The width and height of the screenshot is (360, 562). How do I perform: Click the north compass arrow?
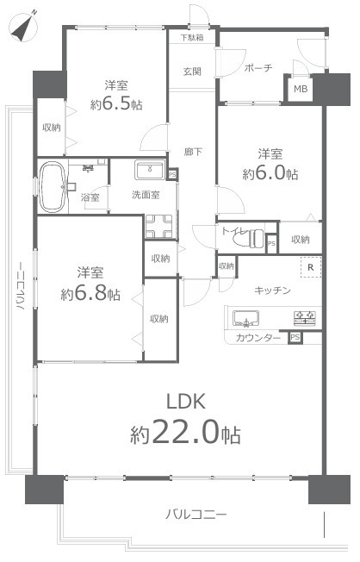[x=24, y=28]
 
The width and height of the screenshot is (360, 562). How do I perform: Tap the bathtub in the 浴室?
[x=53, y=187]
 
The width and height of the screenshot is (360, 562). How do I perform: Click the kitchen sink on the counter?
[x=245, y=318]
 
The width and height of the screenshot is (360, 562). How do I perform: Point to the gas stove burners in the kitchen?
[x=305, y=318]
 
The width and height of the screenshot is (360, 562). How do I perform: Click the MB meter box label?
[x=301, y=89]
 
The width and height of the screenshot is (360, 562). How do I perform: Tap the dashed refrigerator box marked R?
[x=311, y=267]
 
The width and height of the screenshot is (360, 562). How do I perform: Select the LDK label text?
[x=186, y=401]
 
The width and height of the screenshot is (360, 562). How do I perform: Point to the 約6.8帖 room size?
[x=90, y=295]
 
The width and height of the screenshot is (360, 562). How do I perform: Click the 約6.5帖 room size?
[x=116, y=104]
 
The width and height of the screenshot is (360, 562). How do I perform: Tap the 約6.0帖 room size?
[x=270, y=174]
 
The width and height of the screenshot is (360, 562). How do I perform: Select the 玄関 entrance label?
[x=192, y=72]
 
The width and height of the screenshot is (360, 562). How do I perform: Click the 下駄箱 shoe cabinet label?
[x=192, y=38]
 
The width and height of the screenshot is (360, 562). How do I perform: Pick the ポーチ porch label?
[x=258, y=68]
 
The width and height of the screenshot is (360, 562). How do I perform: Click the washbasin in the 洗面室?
[x=150, y=169]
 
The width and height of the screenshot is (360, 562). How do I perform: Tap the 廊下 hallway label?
[x=193, y=153]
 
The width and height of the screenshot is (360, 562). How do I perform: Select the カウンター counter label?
[x=258, y=338]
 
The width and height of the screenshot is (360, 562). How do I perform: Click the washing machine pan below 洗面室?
[x=158, y=226]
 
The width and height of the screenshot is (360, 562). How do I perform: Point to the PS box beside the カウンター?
[x=295, y=337]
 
